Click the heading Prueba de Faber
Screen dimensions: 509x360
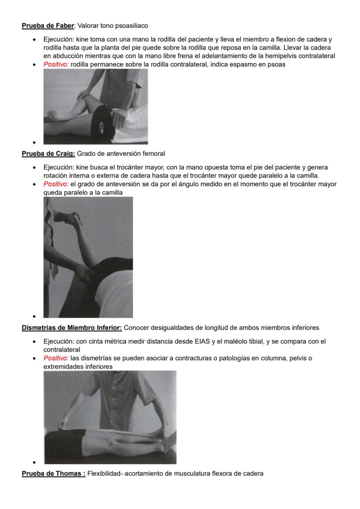coord(48,26)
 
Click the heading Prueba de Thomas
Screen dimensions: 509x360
coord(53,473)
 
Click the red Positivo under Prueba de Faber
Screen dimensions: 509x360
coord(56,64)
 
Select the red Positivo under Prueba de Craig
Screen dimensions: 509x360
coord(56,184)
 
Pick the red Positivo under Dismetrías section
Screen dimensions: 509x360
coord(56,358)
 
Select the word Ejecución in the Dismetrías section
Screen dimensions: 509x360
coord(58,342)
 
